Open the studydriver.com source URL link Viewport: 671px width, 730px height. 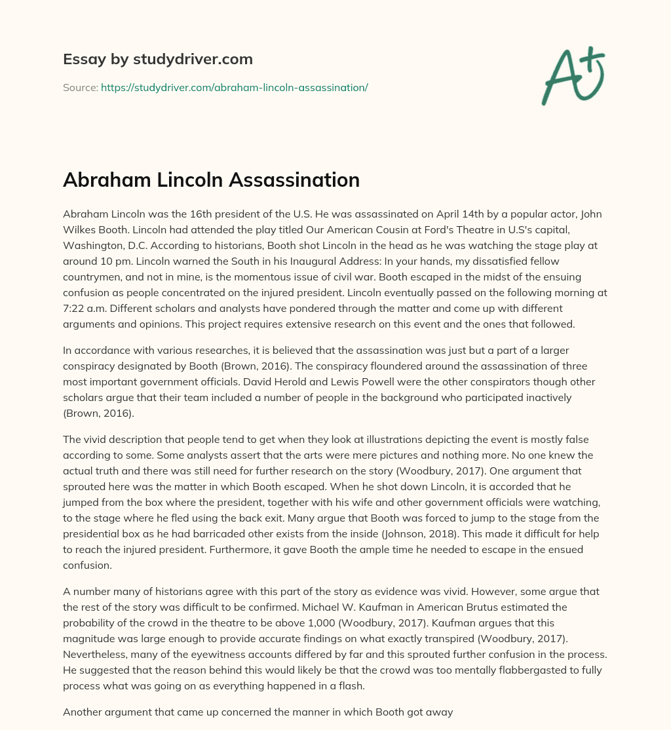(x=234, y=87)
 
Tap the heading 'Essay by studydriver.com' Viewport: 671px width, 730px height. (x=157, y=59)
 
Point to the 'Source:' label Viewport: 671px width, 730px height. (x=80, y=87)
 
